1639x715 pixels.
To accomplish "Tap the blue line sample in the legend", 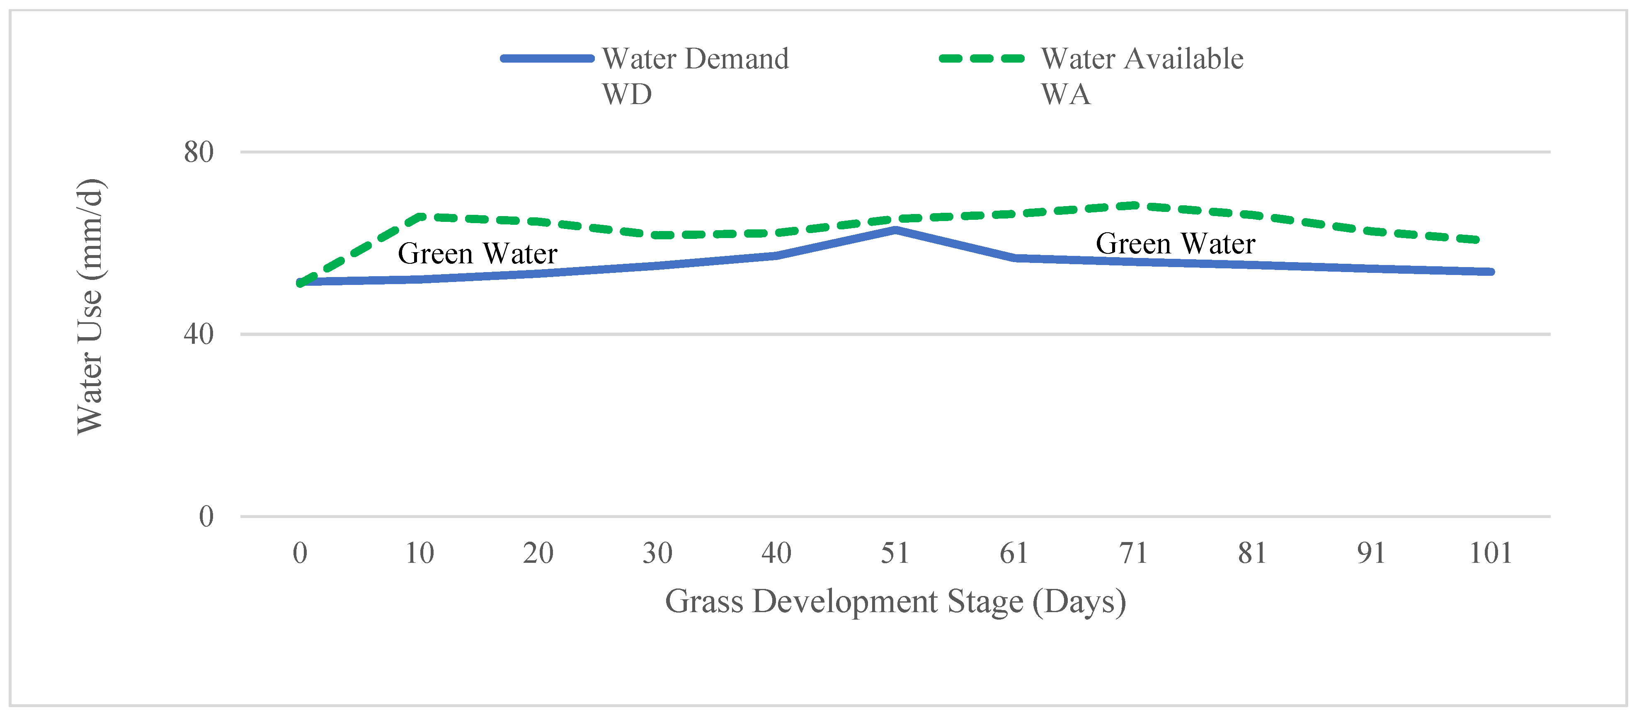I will (x=547, y=58).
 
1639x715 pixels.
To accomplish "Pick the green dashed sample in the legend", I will (x=982, y=58).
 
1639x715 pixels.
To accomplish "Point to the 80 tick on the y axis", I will (x=199, y=152).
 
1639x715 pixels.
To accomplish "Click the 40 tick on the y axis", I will (x=199, y=334).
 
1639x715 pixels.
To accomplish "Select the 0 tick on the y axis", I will (x=206, y=516).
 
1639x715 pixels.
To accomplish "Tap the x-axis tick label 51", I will (x=895, y=553).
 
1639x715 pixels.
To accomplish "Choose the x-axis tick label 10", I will (x=419, y=553).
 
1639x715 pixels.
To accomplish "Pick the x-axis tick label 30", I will (x=657, y=553).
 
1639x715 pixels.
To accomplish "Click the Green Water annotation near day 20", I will (x=477, y=253).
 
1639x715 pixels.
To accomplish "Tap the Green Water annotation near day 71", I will (x=1175, y=244).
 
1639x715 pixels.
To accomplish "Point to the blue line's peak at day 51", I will (x=895, y=230).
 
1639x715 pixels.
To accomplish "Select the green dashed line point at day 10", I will (x=420, y=217).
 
